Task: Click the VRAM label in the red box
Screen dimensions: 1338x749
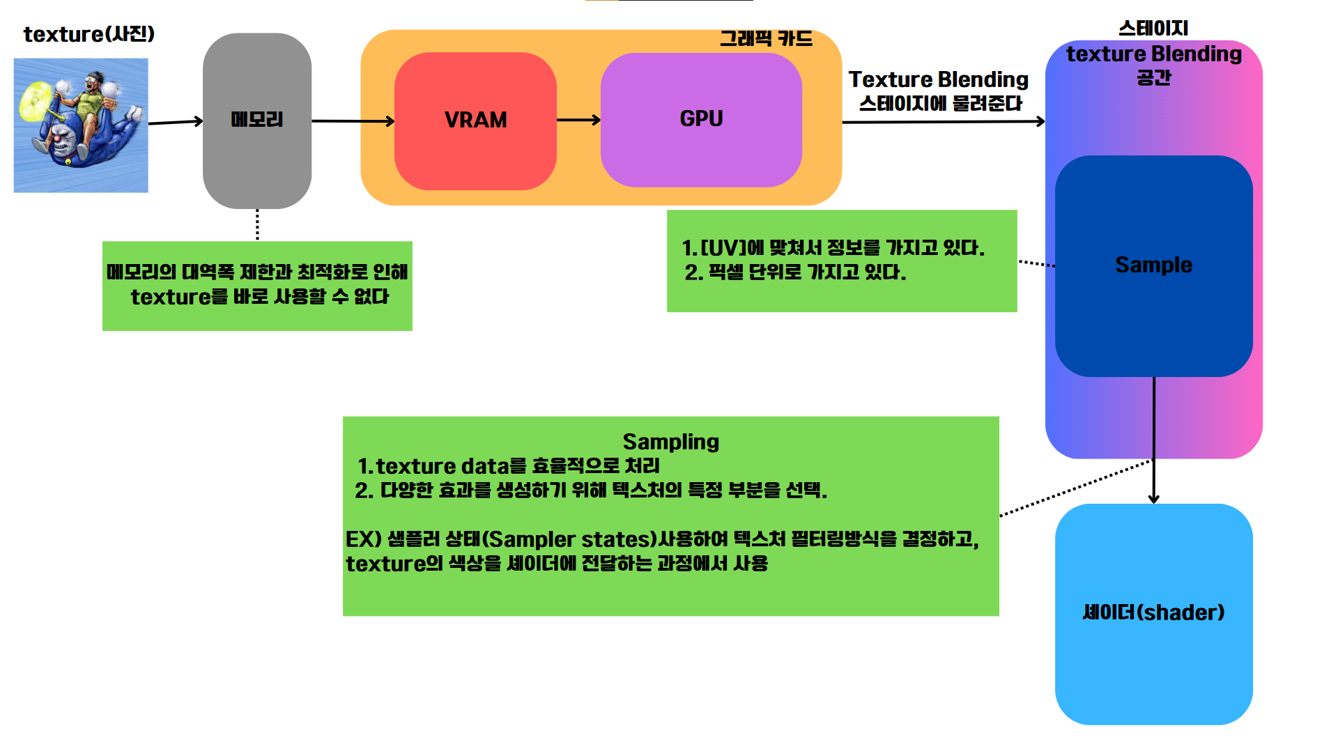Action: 475,120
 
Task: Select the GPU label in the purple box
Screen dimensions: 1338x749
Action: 701,118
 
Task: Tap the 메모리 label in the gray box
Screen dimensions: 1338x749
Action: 256,119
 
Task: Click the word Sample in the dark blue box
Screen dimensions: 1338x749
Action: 1153,265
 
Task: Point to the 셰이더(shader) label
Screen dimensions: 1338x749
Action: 1153,612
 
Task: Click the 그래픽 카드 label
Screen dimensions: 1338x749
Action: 766,38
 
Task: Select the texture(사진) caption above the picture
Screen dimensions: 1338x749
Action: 89,34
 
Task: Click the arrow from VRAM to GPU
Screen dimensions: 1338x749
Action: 578,120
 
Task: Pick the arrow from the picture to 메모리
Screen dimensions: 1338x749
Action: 175,122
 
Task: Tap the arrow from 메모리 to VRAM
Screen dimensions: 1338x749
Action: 353,121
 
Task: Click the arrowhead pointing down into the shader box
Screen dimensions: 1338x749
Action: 1153,497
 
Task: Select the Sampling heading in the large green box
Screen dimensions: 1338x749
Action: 670,442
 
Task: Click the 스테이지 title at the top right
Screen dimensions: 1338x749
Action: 1153,28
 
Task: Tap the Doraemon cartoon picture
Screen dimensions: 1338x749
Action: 81,125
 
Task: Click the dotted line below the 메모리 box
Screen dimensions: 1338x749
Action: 257,224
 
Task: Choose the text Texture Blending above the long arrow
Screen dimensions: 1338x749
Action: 938,79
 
